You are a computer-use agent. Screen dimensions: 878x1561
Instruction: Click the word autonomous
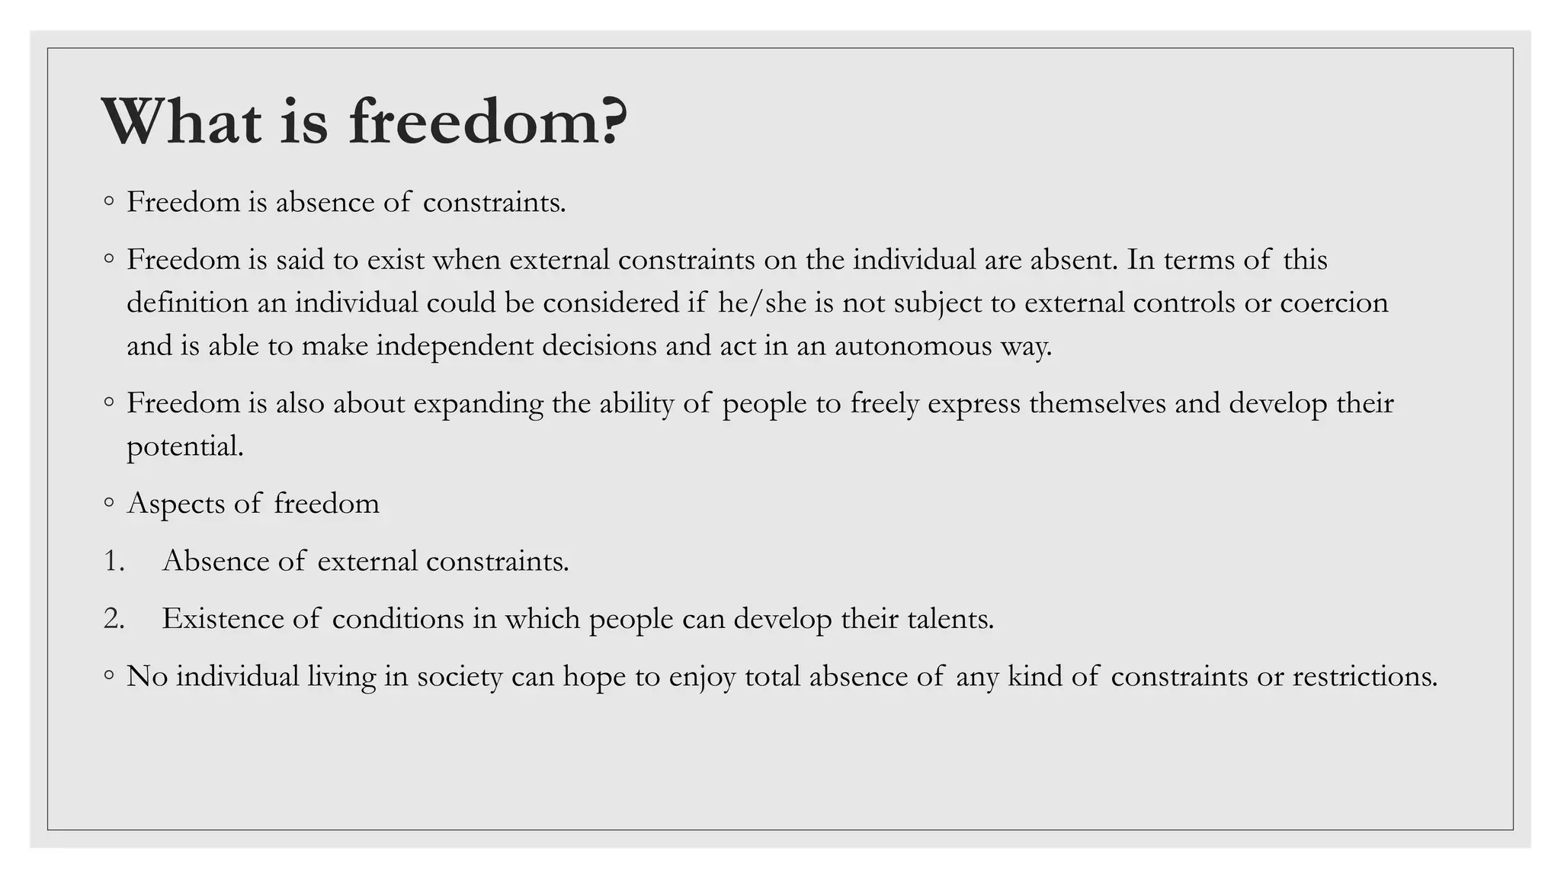912,347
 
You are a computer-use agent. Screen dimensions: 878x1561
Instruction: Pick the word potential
184,447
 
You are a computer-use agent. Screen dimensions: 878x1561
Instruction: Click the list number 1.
114,562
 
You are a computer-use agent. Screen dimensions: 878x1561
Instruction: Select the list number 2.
114,619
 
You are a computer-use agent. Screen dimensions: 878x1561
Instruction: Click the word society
460,677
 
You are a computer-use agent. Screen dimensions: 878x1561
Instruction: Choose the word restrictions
1364,677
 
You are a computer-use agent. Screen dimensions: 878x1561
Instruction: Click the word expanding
478,404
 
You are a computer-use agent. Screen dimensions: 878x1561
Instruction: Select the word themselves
1097,404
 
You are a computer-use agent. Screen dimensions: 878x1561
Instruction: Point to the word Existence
223,619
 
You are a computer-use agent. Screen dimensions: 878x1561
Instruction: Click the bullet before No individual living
109,675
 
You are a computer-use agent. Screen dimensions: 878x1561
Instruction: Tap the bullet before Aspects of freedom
109,502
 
